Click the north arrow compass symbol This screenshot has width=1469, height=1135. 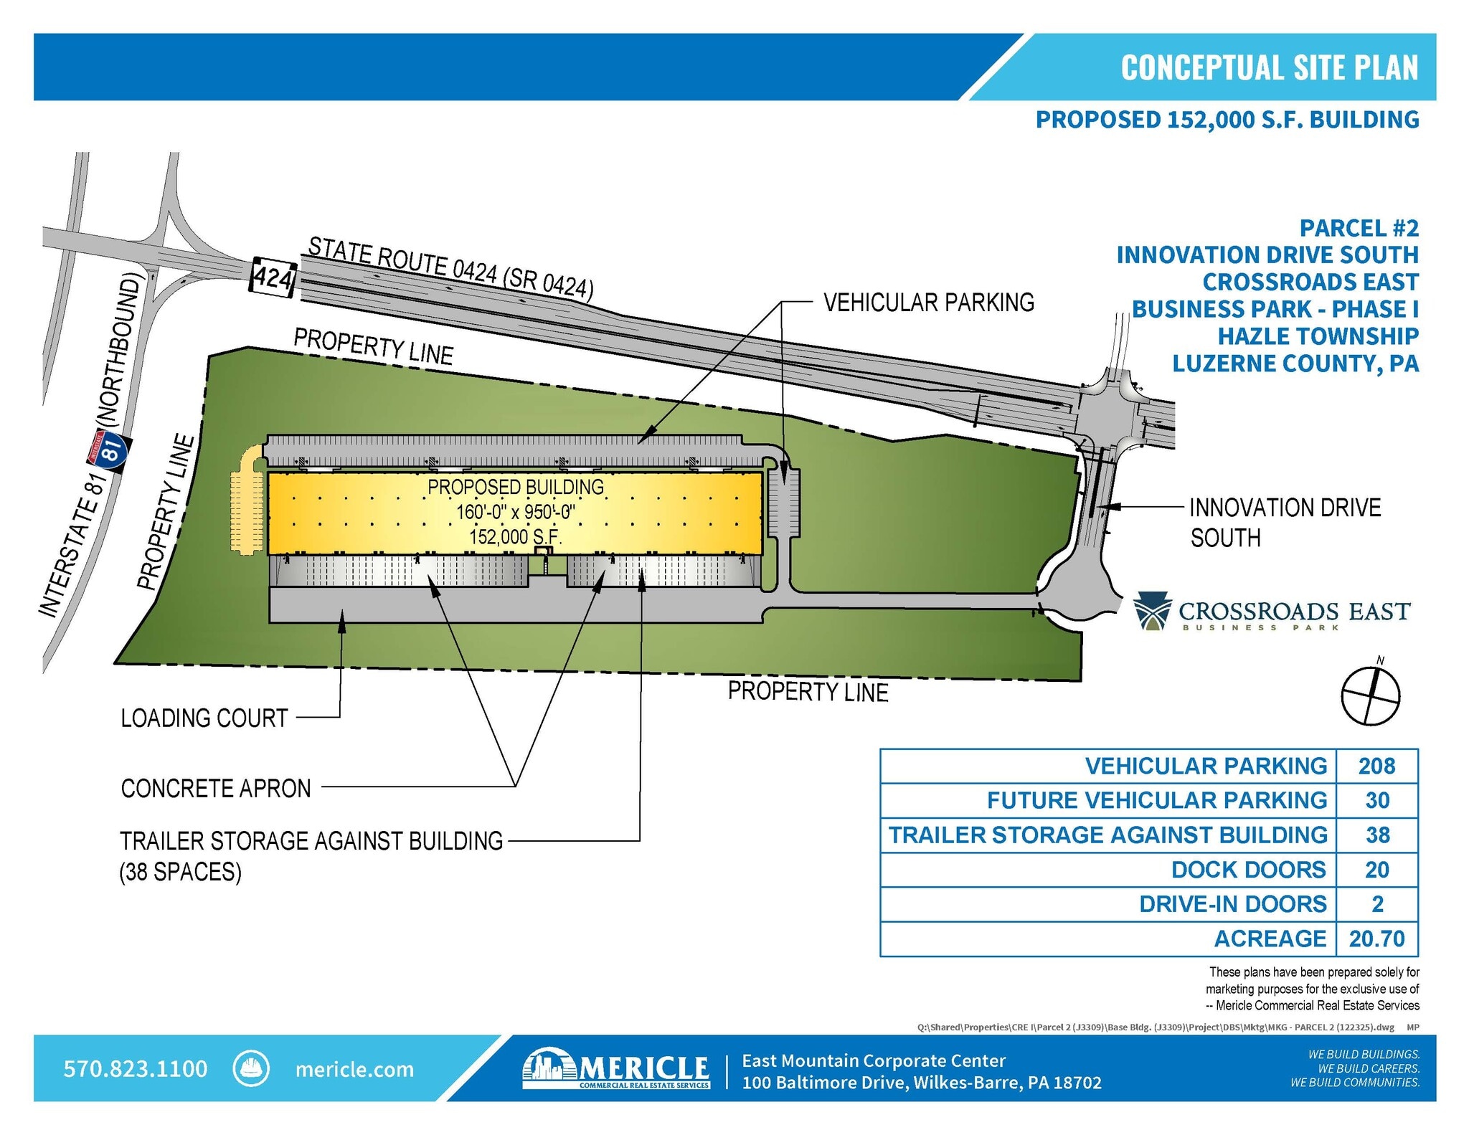[1370, 694]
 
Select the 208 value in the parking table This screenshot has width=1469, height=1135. [1376, 766]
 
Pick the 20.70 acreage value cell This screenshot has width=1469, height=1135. [1376, 939]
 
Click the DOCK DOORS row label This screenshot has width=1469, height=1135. [1248, 870]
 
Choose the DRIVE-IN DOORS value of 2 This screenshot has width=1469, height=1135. [1377, 904]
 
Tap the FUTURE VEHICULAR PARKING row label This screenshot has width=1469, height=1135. [1156, 800]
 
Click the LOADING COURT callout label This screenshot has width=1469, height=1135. [204, 718]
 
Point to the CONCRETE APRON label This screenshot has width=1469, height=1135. [216, 788]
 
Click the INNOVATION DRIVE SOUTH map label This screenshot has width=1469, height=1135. [1284, 522]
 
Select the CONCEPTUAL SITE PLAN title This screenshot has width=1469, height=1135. [1269, 67]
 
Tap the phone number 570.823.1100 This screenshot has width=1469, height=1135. [136, 1069]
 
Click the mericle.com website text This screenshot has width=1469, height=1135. [354, 1070]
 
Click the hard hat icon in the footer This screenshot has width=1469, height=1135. [251, 1069]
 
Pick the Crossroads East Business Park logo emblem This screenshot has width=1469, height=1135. [1152, 611]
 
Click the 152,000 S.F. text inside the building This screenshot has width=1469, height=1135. [515, 536]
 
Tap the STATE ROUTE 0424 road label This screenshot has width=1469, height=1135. [450, 267]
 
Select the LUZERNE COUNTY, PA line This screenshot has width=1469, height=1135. [1295, 364]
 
